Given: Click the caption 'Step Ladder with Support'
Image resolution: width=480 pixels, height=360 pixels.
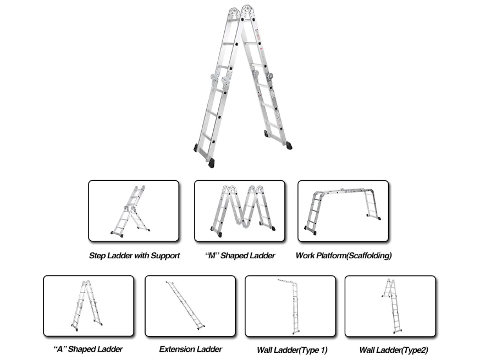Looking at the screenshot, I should (x=134, y=256).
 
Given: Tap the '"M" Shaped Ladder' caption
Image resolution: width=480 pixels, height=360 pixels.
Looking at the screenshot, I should (x=240, y=256).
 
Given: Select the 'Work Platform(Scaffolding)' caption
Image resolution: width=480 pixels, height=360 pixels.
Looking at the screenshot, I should (x=343, y=256).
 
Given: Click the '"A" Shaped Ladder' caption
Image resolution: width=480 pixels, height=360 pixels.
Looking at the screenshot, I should (x=88, y=349).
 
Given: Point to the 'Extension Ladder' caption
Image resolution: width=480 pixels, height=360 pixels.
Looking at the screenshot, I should (x=190, y=349).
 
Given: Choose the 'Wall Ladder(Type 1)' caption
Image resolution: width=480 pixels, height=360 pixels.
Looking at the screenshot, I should (x=291, y=350).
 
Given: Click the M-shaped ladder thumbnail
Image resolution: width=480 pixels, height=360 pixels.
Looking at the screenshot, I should (x=241, y=211).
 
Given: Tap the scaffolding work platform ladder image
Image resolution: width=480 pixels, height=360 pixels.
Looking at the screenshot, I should (x=343, y=211).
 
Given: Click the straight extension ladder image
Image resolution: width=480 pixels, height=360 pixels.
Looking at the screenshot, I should (x=185, y=306).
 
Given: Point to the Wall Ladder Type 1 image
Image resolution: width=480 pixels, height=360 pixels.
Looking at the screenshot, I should (x=292, y=306).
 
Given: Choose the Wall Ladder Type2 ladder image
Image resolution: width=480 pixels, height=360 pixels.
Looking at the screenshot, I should (x=391, y=305).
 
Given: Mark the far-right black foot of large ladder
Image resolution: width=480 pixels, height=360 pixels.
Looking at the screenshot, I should (x=289, y=146).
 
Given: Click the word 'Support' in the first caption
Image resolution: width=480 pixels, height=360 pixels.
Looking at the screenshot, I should (x=165, y=256).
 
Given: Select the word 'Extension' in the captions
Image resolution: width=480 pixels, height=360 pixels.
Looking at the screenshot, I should (x=175, y=349).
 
